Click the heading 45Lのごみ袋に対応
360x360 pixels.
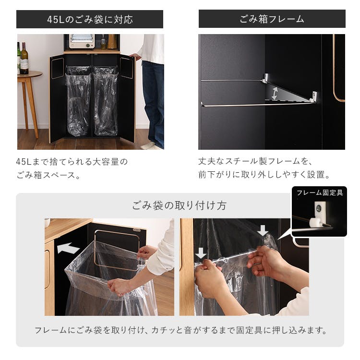click(x=90, y=19)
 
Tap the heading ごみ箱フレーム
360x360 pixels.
click(x=272, y=19)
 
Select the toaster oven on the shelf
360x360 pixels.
click(x=82, y=41)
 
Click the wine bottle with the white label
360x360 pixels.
click(x=24, y=59)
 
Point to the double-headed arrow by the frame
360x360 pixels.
click(x=275, y=93)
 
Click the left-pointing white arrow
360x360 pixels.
click(x=68, y=248)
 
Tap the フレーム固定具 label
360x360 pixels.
click(x=320, y=192)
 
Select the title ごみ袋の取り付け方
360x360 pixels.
click(x=180, y=205)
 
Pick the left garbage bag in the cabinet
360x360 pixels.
click(x=78, y=101)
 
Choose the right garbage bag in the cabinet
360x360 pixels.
click(x=106, y=101)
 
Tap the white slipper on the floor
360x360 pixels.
click(x=148, y=145)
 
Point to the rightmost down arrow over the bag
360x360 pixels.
click(x=263, y=230)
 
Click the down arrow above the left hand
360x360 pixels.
click(x=201, y=253)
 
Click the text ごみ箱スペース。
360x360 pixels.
click(x=48, y=175)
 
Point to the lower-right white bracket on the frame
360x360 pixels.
click(x=313, y=96)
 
